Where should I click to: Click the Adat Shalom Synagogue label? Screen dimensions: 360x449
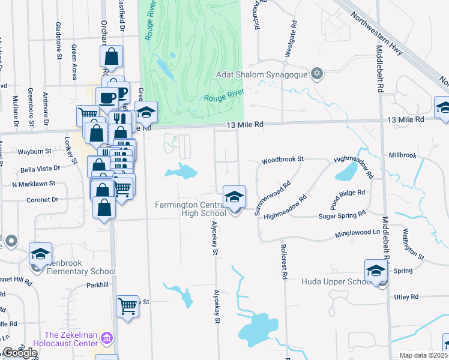(262, 75)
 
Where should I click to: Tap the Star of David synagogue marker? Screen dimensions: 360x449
(317, 75)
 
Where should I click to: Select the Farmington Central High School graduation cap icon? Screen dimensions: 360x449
(234, 196)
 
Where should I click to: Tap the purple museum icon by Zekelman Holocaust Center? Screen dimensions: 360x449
(107, 339)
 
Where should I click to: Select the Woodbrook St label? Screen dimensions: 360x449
(283, 160)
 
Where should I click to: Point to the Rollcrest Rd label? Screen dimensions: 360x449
(281, 261)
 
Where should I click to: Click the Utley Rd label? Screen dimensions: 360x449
(406, 297)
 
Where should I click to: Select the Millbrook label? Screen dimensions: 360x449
(402, 155)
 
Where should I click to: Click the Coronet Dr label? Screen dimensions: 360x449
(41, 199)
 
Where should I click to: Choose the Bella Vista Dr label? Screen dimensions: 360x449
(40, 169)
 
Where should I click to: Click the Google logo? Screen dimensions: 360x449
(19, 353)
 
